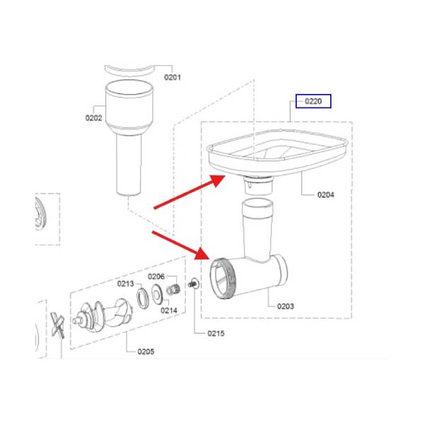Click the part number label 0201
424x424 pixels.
tap(172, 77)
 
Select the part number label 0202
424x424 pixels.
tap(93, 118)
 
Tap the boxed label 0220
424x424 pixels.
tap(313, 101)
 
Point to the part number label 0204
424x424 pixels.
tap(326, 195)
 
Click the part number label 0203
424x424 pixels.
tap(285, 306)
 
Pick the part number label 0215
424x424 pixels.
tap(216, 334)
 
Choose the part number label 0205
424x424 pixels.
tap(146, 351)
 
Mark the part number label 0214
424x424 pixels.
tap(169, 310)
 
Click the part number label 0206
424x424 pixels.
tap(156, 276)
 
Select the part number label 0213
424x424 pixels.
tap(126, 283)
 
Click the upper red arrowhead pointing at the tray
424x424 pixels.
tap(217, 180)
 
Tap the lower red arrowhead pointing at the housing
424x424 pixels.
tap(202, 254)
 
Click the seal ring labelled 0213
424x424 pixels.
tap(143, 299)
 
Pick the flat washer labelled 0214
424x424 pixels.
tap(157, 295)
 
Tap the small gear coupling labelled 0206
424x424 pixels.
tap(173, 290)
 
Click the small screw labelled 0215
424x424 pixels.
tap(194, 283)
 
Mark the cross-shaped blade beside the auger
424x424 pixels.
tap(58, 325)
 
